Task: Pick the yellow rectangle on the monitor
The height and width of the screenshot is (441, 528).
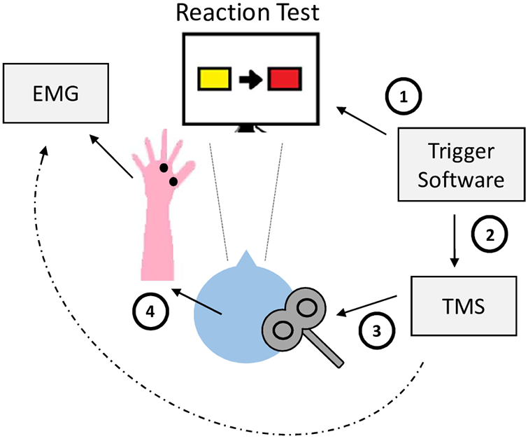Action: (213, 78)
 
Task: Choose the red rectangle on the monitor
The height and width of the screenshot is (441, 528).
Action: (283, 78)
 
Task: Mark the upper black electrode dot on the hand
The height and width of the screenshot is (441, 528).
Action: (163, 168)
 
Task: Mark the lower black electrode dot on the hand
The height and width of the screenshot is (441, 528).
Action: (173, 182)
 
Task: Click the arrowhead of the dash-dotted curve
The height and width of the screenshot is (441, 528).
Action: (46, 150)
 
